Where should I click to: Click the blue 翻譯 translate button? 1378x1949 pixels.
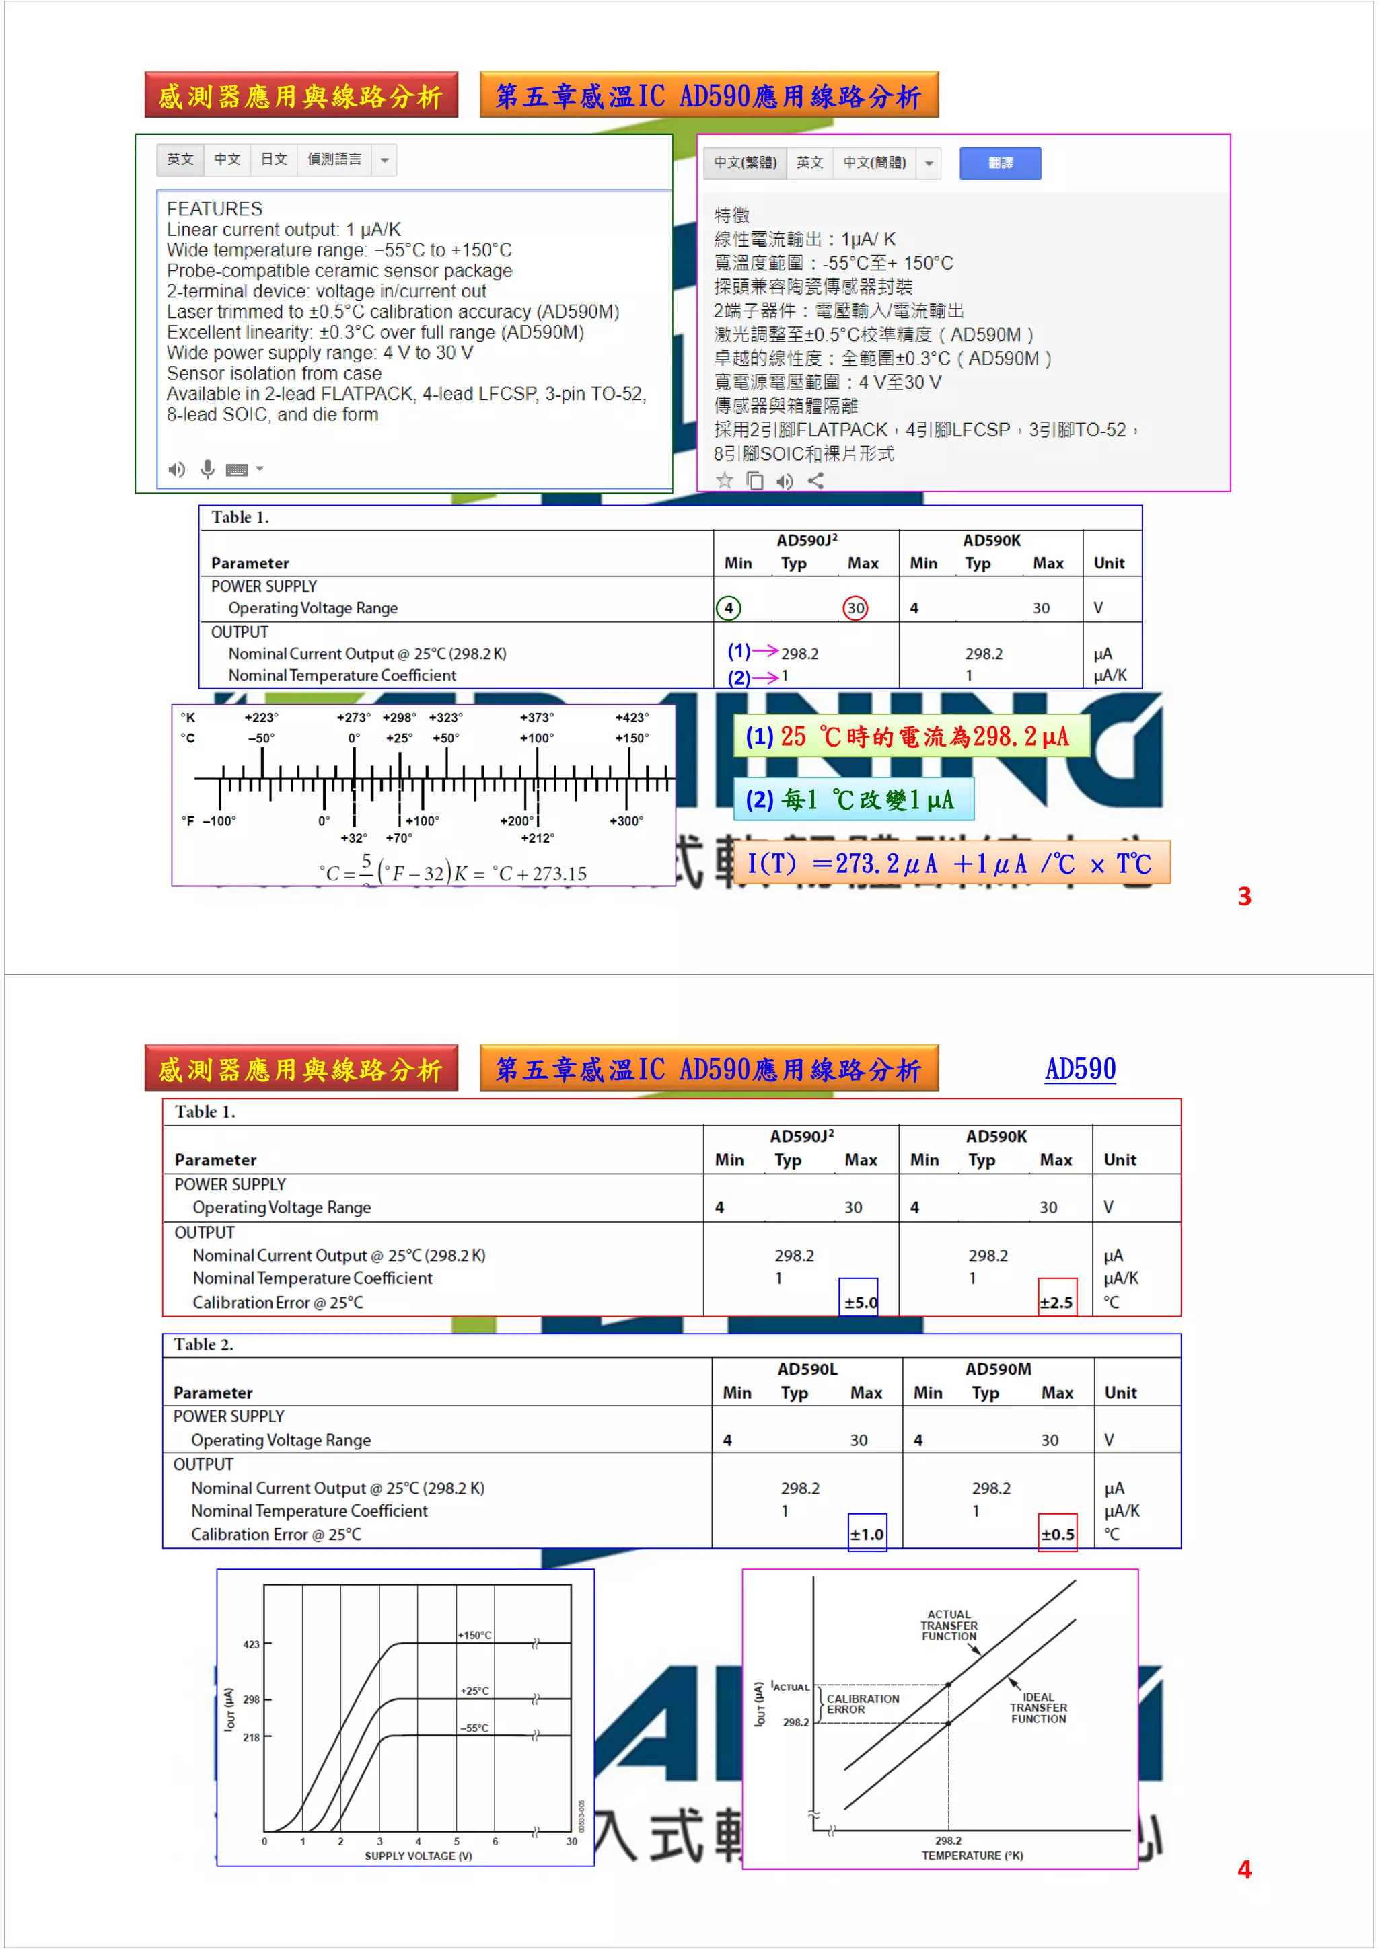click(x=999, y=163)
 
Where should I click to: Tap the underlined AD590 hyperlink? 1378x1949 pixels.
click(x=1080, y=1068)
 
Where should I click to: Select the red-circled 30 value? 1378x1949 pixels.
click(x=855, y=608)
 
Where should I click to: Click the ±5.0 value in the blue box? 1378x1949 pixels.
click(x=859, y=1301)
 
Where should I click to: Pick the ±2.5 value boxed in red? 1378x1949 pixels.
click(x=1056, y=1301)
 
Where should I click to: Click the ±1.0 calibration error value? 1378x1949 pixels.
click(x=867, y=1534)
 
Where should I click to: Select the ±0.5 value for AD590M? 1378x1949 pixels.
click(x=1057, y=1534)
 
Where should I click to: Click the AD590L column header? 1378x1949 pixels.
click(x=807, y=1369)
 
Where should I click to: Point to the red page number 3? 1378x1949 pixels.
click(x=1244, y=896)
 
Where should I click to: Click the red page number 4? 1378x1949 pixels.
click(x=1244, y=1869)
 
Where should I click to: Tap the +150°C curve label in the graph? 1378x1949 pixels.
click(x=474, y=1635)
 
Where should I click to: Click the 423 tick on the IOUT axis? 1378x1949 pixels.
click(x=252, y=1644)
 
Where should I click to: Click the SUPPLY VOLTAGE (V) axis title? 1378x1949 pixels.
click(x=418, y=1856)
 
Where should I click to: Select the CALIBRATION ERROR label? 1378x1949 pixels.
click(x=862, y=1704)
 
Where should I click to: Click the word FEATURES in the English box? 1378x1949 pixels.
click(x=214, y=208)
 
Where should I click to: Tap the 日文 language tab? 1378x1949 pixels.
click(x=273, y=159)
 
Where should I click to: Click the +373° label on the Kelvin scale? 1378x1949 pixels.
click(x=536, y=718)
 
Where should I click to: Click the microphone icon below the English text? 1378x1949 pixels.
click(x=207, y=469)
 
